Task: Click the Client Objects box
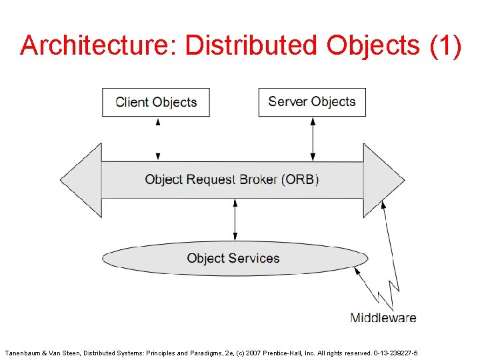156,102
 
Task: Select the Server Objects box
312,102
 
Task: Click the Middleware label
383,317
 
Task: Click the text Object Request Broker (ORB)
232,179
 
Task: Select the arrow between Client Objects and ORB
158,139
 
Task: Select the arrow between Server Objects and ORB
312,139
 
